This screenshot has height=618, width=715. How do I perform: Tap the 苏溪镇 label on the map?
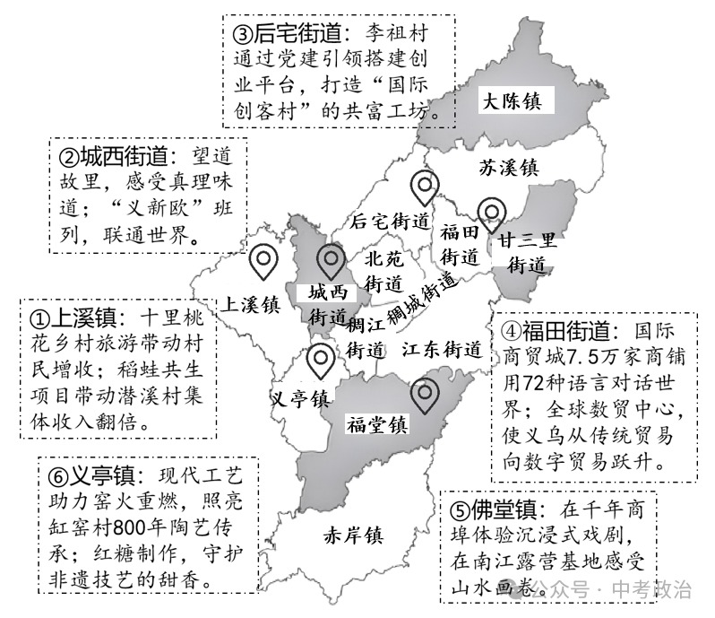[x=507, y=167]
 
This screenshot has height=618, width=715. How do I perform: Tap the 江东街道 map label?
[x=442, y=348]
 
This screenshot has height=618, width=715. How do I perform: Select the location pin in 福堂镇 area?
[x=423, y=394]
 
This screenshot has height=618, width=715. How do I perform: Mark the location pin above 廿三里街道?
[x=491, y=213]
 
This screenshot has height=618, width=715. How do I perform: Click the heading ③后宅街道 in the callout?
[x=289, y=34]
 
